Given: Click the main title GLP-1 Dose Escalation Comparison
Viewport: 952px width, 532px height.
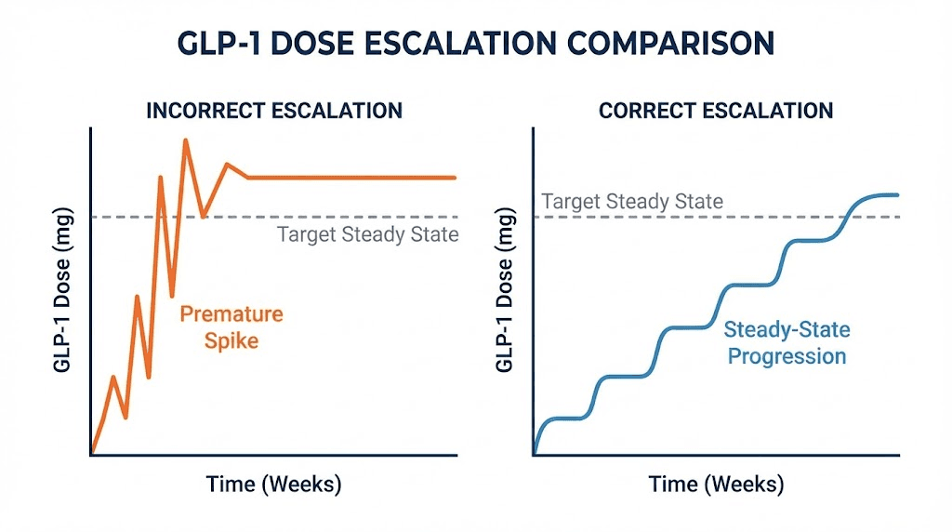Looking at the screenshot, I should [x=476, y=45].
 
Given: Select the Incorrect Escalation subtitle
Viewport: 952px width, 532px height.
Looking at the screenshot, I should [x=274, y=111].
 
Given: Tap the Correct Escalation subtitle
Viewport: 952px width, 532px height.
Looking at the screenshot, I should [x=716, y=111].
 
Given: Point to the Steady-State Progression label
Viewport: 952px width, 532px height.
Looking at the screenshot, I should [x=787, y=342].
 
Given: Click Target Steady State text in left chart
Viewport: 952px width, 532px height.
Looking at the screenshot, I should [x=368, y=233].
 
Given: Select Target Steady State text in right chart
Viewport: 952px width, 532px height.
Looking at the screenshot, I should [x=632, y=202].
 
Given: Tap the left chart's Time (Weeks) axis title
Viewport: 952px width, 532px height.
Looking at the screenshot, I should [x=274, y=485].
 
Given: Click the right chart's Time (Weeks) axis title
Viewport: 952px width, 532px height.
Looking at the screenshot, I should [x=716, y=485].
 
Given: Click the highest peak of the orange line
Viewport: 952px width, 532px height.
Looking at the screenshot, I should [x=186, y=140].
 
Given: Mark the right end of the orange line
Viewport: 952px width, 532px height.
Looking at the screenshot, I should [x=456, y=177].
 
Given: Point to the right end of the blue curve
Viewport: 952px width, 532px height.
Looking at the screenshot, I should [x=898, y=194].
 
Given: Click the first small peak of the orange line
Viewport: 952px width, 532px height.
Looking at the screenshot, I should [x=113, y=377].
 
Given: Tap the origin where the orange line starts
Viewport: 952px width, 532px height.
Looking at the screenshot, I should [x=92, y=454].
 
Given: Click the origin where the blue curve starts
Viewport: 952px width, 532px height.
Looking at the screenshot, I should [x=535, y=454].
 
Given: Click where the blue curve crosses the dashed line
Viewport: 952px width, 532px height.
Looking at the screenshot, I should [x=847, y=217].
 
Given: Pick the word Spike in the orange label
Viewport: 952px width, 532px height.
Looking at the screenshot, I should [x=231, y=341].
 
